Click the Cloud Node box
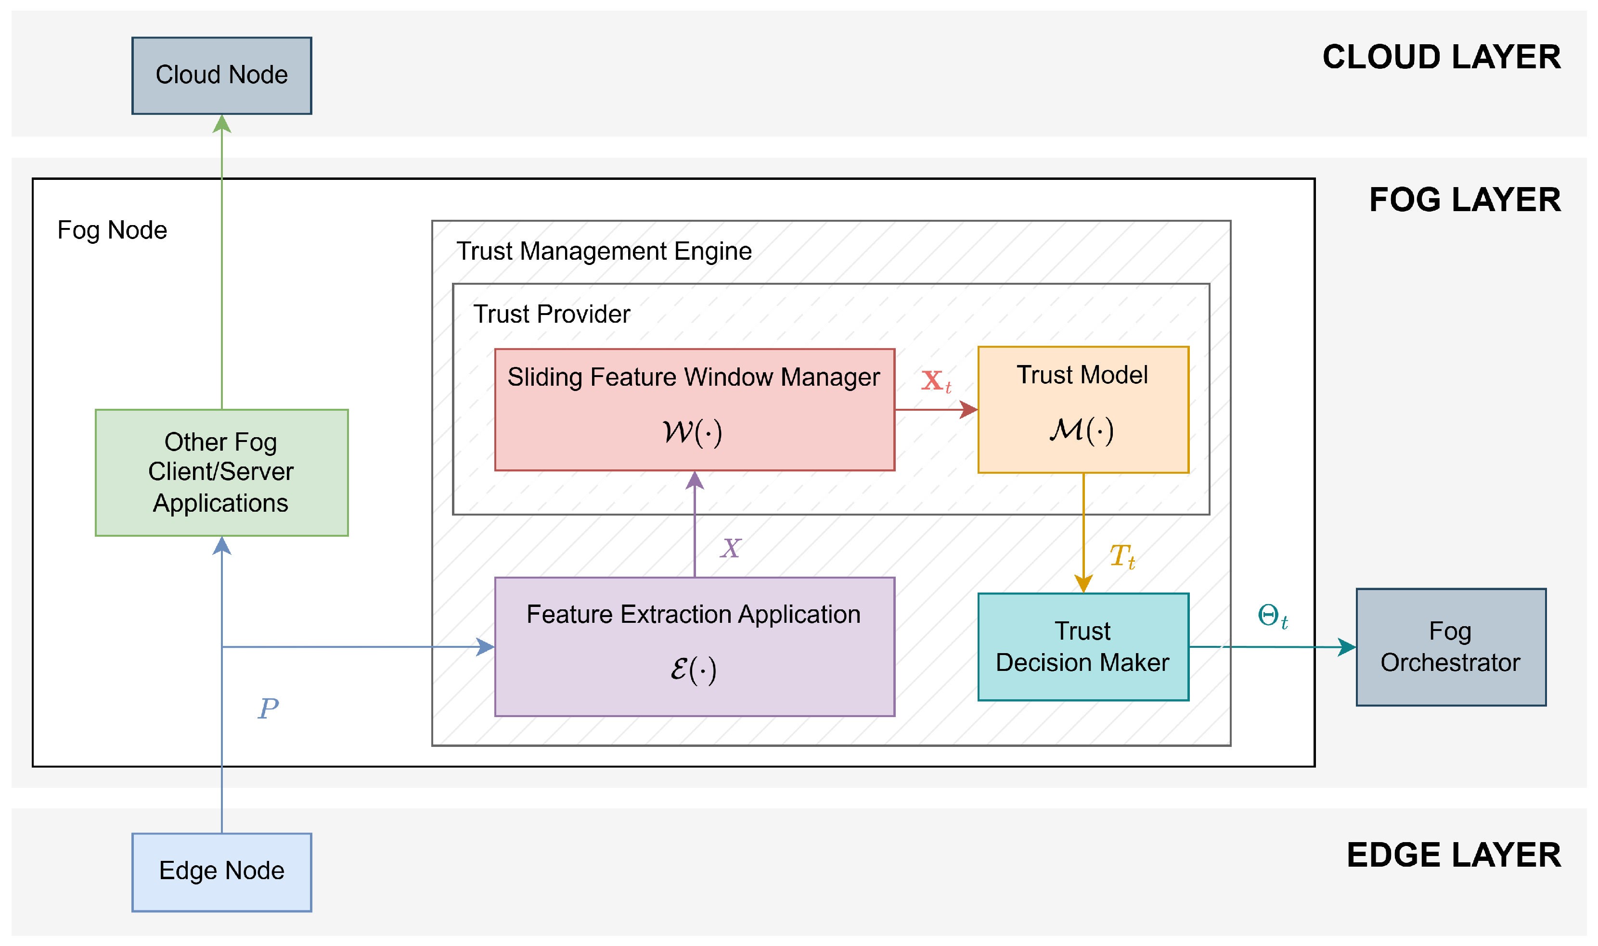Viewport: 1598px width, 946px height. [x=221, y=75]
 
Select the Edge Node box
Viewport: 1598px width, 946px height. [x=221, y=872]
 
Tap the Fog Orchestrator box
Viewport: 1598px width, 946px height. [x=1451, y=647]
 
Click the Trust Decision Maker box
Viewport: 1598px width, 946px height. [x=1083, y=647]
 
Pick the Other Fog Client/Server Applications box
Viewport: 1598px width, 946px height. [x=221, y=472]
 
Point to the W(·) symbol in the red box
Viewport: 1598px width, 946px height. [x=692, y=432]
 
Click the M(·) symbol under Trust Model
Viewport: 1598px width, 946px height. [x=1082, y=430]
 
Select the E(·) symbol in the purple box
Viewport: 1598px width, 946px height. [x=694, y=669]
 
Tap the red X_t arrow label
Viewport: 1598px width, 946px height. [x=936, y=381]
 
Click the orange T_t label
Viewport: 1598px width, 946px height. [x=1122, y=556]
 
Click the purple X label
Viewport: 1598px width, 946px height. [x=731, y=548]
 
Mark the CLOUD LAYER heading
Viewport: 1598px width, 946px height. [x=1442, y=57]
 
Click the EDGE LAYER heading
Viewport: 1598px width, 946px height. [x=1454, y=855]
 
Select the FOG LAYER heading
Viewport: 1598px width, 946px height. [x=1465, y=200]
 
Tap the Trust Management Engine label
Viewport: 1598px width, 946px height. [x=604, y=251]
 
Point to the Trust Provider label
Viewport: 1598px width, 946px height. [x=552, y=314]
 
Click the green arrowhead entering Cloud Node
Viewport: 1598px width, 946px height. [x=221, y=124]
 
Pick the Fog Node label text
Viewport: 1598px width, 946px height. [x=112, y=230]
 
